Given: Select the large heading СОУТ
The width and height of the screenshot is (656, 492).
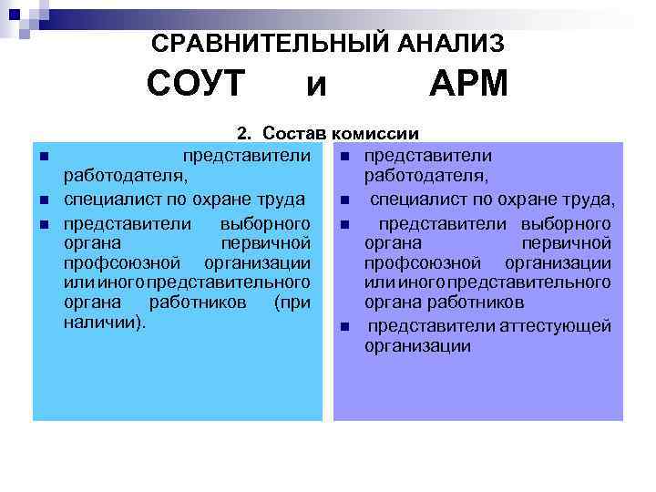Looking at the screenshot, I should click(x=196, y=85).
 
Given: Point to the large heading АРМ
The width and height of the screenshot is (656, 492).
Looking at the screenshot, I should click(x=468, y=85).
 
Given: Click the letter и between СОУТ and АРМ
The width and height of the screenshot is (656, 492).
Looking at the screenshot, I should click(x=315, y=87).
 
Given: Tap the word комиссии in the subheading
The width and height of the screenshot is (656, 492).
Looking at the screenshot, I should click(x=375, y=133).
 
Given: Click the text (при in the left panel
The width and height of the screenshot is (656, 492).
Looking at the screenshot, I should click(x=292, y=302).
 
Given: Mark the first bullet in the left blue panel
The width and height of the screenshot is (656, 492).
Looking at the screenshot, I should click(x=44, y=156).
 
